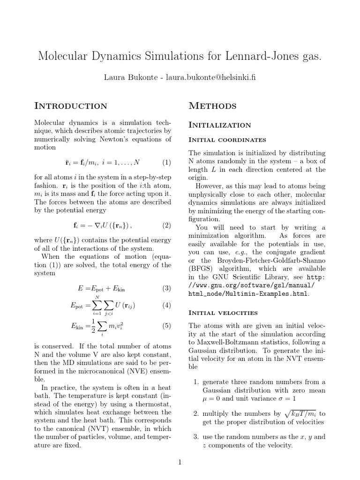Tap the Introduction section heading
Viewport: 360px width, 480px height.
click(x=71, y=106)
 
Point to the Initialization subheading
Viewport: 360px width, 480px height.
click(x=219, y=125)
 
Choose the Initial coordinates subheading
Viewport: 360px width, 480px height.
click(x=227, y=140)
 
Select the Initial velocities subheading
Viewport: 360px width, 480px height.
click(x=223, y=313)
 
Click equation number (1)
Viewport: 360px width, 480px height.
click(x=167, y=163)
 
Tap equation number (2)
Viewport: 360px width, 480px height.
click(x=167, y=225)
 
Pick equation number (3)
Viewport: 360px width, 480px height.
click(x=167, y=288)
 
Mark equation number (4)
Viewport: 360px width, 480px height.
click(x=167, y=306)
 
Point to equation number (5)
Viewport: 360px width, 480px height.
click(x=167, y=325)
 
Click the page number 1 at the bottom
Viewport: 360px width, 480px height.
click(x=180, y=462)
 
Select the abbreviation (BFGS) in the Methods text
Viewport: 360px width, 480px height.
click(x=200, y=269)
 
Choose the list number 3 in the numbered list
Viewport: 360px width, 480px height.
click(x=196, y=437)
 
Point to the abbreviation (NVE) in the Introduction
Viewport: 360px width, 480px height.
click(x=124, y=370)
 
